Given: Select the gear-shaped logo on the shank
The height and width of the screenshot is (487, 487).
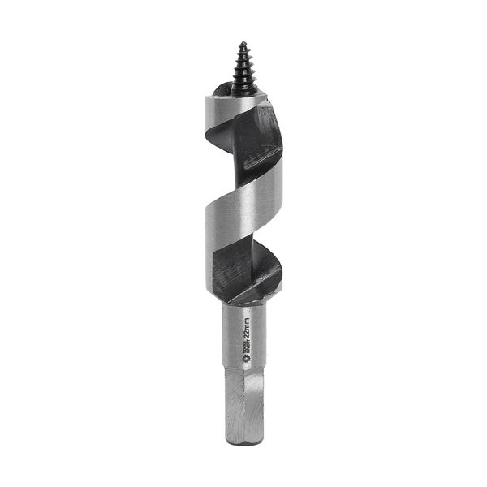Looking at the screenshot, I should (x=244, y=355).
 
